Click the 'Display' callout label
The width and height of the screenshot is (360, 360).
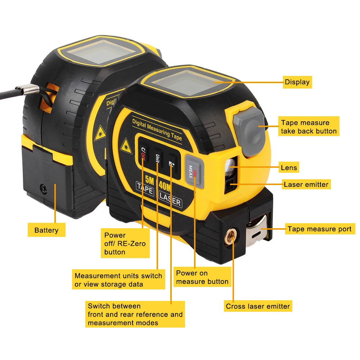click(297, 82)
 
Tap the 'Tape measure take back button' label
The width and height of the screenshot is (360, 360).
click(309, 127)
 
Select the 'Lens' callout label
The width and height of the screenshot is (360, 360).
click(289, 167)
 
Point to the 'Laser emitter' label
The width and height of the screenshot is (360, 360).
click(306, 185)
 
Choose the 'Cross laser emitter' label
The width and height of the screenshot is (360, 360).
click(258, 306)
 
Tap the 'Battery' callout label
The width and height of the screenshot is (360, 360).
click(46, 230)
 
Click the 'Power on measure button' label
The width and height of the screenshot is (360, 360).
click(202, 277)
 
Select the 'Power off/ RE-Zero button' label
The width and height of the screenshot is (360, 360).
click(125, 244)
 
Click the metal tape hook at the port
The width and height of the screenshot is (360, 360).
click(257, 230)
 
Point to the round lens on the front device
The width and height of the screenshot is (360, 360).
click(229, 165)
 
